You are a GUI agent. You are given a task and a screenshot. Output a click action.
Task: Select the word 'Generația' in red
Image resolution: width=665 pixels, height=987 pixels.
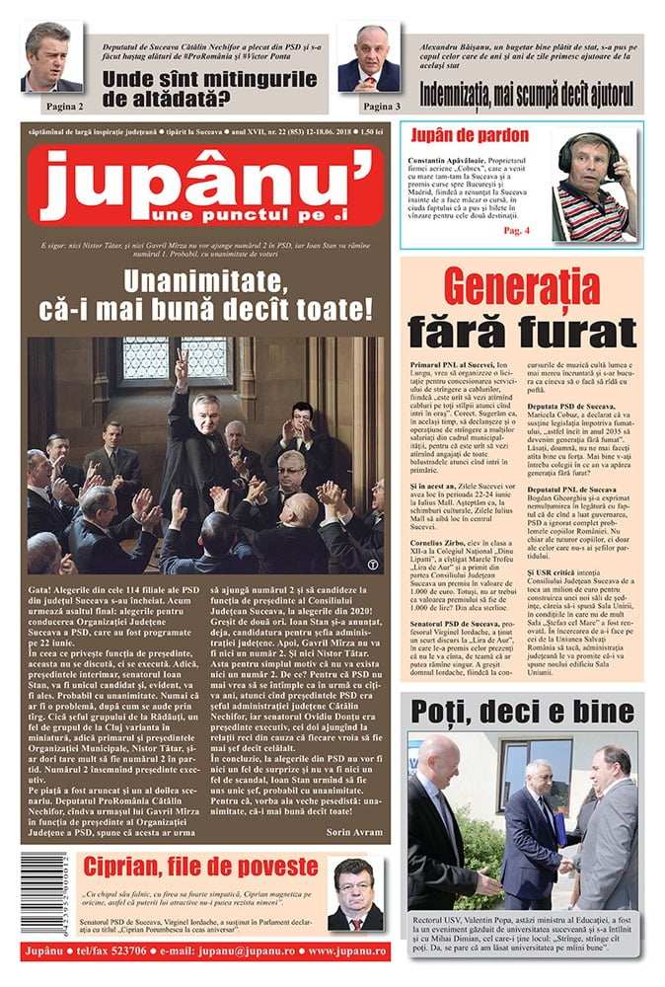[522, 286]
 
